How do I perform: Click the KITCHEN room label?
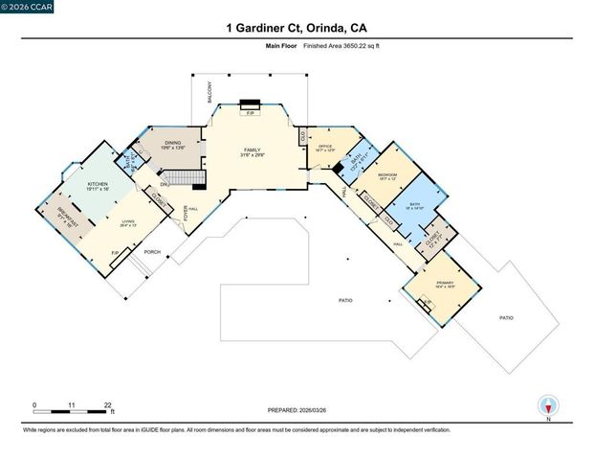point(98,185)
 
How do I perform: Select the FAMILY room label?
point(252,151)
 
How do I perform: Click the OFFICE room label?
point(324,147)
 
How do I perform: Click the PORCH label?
point(151,252)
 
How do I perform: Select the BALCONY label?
point(209,93)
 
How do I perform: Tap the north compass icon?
point(547,406)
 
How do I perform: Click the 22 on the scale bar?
point(109,405)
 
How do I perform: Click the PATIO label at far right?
point(505,317)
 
